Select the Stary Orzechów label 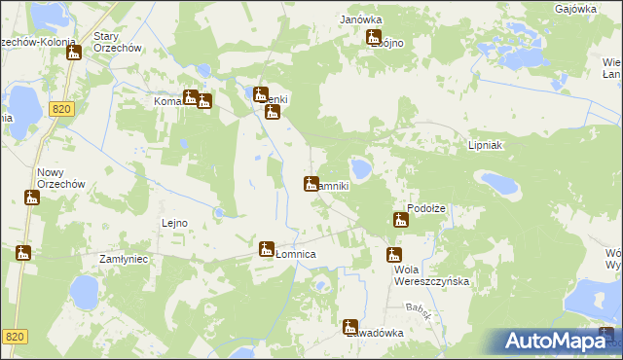tap(118, 43)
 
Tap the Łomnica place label tap(295, 254)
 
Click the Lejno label tap(174, 223)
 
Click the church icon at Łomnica tap(267, 249)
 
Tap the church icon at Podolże tap(400, 220)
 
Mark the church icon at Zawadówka tap(350, 327)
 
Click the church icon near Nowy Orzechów tap(32, 198)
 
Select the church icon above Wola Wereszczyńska tap(393, 255)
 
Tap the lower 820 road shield tap(15, 336)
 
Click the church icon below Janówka tap(374, 38)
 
